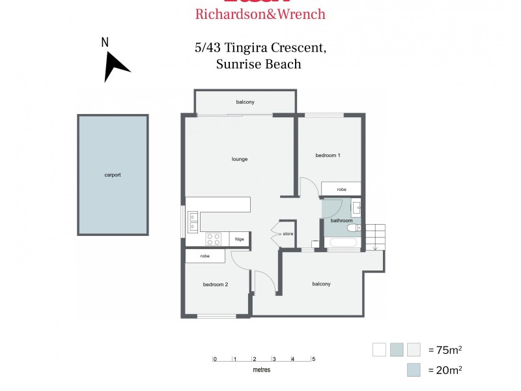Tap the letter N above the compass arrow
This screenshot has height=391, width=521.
click(x=105, y=42)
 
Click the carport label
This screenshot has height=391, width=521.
click(x=113, y=175)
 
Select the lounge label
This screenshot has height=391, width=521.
click(x=240, y=159)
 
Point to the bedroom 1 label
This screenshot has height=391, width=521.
click(x=328, y=155)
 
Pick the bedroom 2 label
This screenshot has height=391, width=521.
click(x=215, y=284)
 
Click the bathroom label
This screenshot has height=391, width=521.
click(x=341, y=220)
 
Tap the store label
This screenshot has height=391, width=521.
click(x=288, y=233)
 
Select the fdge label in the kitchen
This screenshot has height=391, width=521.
click(x=239, y=239)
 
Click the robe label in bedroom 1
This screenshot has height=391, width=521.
click(x=341, y=189)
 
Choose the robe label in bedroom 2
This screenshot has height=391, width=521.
click(x=204, y=256)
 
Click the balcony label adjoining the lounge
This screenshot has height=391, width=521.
click(x=245, y=102)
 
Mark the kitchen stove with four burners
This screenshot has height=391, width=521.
click(x=214, y=239)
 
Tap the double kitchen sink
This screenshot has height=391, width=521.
click(x=193, y=221)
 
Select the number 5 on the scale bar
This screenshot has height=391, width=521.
click(x=313, y=359)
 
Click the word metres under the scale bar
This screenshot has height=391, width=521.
click(x=262, y=369)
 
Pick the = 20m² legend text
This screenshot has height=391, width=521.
click(x=445, y=370)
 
